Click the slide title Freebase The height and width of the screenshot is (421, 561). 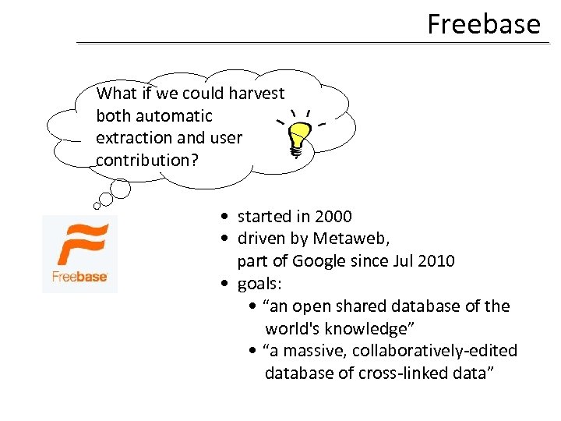tap(483, 24)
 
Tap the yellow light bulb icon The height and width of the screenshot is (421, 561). tap(298, 140)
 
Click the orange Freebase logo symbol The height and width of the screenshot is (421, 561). tap(79, 245)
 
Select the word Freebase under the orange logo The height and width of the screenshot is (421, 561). tap(79, 276)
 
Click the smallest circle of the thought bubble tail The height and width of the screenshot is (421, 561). tap(97, 206)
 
